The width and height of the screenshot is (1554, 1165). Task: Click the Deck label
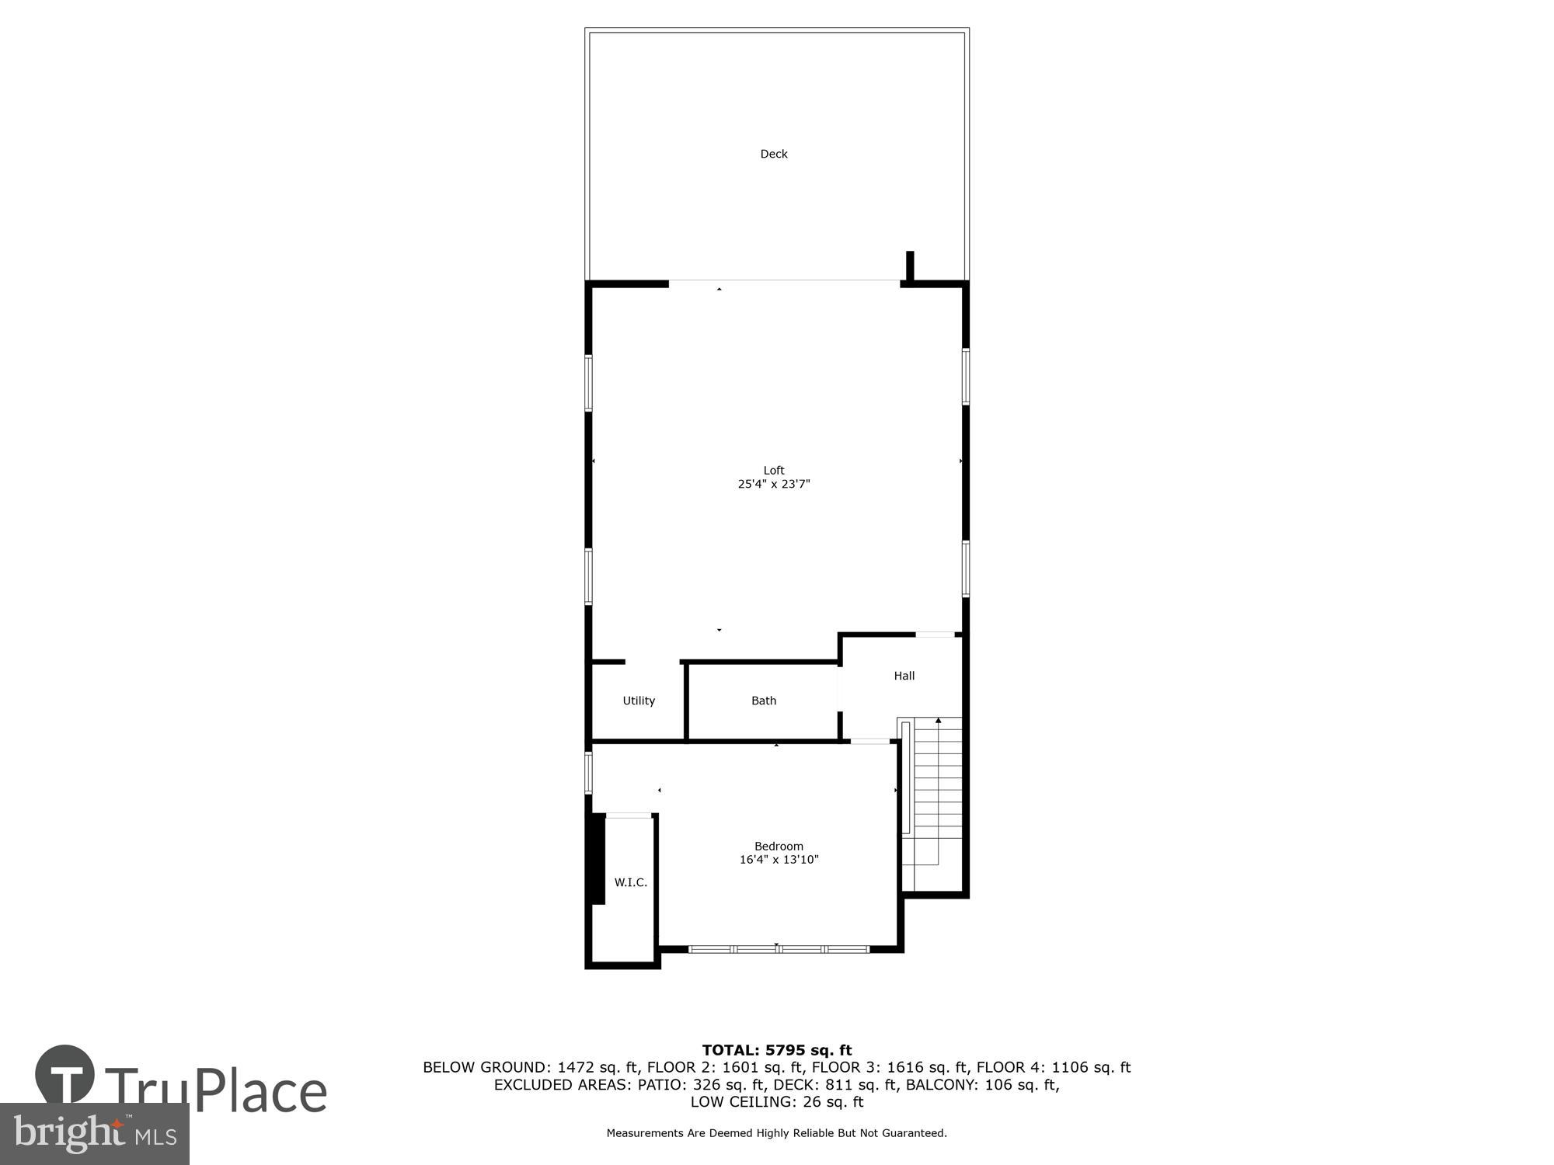tap(773, 154)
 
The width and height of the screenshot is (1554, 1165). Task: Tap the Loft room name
tap(774, 470)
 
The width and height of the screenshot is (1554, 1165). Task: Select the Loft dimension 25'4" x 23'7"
tap(774, 484)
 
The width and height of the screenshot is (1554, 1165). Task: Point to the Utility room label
tap(639, 701)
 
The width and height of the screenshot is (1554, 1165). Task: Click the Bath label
tap(764, 701)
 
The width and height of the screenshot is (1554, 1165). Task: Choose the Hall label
tap(904, 676)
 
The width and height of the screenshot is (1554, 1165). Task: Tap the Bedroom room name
tap(779, 846)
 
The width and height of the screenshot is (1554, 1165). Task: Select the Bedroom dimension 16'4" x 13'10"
tap(779, 860)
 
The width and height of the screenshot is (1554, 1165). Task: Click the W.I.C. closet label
tap(630, 882)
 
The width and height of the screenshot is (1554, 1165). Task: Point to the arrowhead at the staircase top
tap(938, 721)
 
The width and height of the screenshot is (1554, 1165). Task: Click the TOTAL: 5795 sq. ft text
tap(777, 1050)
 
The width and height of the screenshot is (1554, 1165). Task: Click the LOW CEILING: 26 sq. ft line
tap(777, 1101)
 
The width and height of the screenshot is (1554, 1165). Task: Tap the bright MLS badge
tap(95, 1134)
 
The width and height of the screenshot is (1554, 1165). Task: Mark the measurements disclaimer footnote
tap(777, 1133)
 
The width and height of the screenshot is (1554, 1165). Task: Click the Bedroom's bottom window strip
tap(779, 949)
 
